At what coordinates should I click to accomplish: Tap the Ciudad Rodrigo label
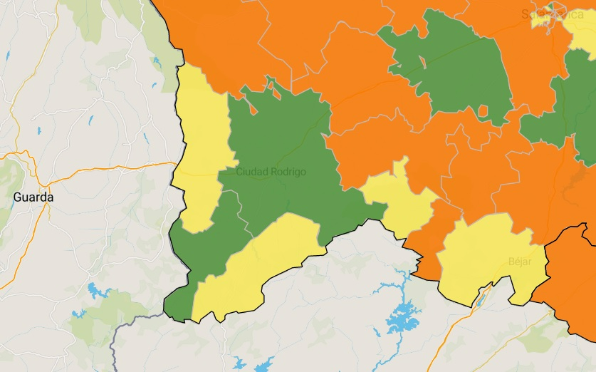tap(271, 172)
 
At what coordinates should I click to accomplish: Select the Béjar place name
tap(521, 261)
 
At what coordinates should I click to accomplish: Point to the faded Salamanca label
tap(553, 14)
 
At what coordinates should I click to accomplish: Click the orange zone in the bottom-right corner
tap(570, 285)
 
